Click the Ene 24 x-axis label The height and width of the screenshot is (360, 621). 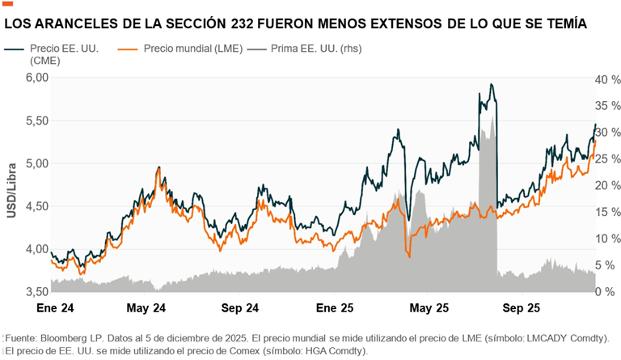(x=55, y=308)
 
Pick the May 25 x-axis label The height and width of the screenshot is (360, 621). (x=429, y=308)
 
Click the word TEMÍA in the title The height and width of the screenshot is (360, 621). (x=558, y=25)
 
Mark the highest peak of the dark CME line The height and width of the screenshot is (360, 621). (x=491, y=84)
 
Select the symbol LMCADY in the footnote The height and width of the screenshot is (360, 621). (x=534, y=337)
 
